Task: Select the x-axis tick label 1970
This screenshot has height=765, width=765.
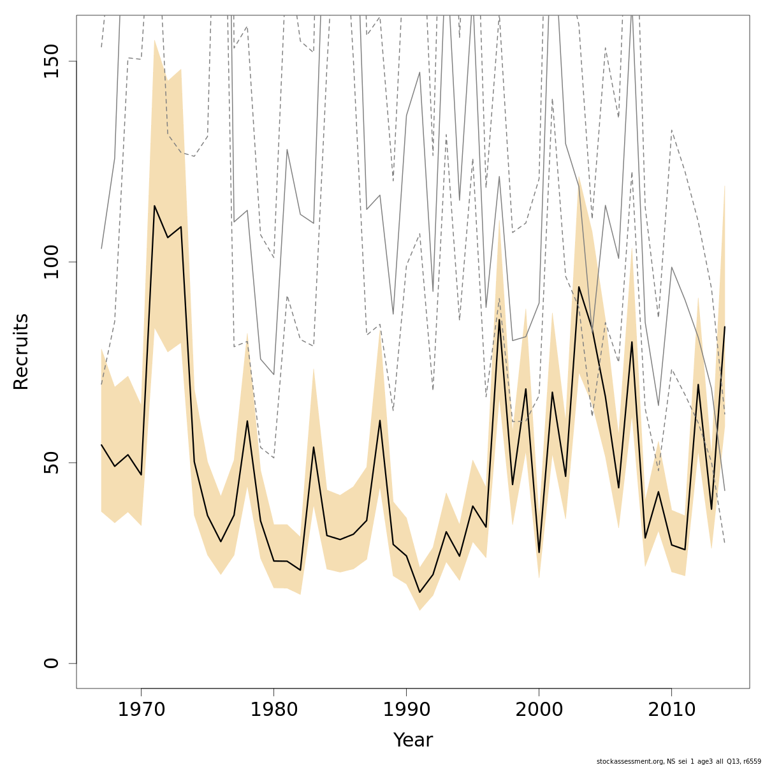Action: [x=141, y=710]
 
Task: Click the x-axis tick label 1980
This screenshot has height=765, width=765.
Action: [x=273, y=710]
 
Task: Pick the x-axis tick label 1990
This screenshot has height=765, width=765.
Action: [x=406, y=710]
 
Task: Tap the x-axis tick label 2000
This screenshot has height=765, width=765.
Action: [x=539, y=710]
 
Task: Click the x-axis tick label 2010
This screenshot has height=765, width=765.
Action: [x=671, y=710]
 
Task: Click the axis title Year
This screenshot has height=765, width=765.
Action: [x=412, y=740]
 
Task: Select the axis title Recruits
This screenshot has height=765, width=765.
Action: [x=21, y=351]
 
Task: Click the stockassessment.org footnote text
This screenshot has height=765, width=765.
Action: [x=678, y=761]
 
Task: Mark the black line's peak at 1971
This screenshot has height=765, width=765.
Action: [x=154, y=206]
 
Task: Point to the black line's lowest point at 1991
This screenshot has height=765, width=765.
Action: [x=419, y=592]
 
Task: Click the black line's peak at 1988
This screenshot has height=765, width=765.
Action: [x=380, y=420]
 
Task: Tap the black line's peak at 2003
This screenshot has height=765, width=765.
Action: [x=579, y=287]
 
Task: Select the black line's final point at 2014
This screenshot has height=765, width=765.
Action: [x=725, y=326]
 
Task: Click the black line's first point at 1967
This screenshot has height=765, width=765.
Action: [x=101, y=445]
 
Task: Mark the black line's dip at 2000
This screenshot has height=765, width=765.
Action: [x=539, y=552]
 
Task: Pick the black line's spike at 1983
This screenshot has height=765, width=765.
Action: [x=314, y=447]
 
